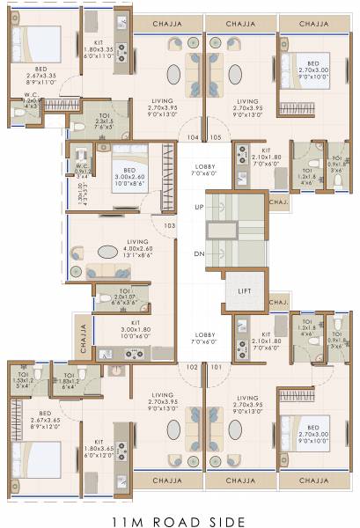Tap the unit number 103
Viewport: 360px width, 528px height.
[169, 225]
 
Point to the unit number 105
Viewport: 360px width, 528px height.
[217, 137]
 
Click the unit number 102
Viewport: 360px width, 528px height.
[191, 366]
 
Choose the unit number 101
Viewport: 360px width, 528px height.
[217, 366]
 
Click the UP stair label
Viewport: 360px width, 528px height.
[200, 208]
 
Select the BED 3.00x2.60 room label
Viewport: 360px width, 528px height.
[129, 179]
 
